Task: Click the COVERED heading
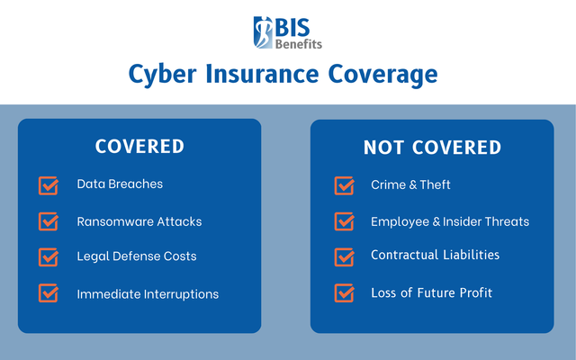click(139, 147)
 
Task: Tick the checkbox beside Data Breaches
click(49, 185)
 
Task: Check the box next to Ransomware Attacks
click(49, 221)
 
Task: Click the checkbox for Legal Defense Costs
click(49, 256)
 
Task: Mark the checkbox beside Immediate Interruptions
click(49, 293)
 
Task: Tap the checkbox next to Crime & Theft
click(344, 185)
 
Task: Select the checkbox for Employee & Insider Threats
click(344, 221)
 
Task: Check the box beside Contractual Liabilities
click(344, 256)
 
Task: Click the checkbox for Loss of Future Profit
click(344, 293)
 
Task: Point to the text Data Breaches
click(120, 184)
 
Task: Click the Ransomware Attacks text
click(139, 221)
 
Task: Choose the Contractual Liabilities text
click(435, 256)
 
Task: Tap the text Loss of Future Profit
click(431, 293)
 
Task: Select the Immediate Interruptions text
click(148, 294)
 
